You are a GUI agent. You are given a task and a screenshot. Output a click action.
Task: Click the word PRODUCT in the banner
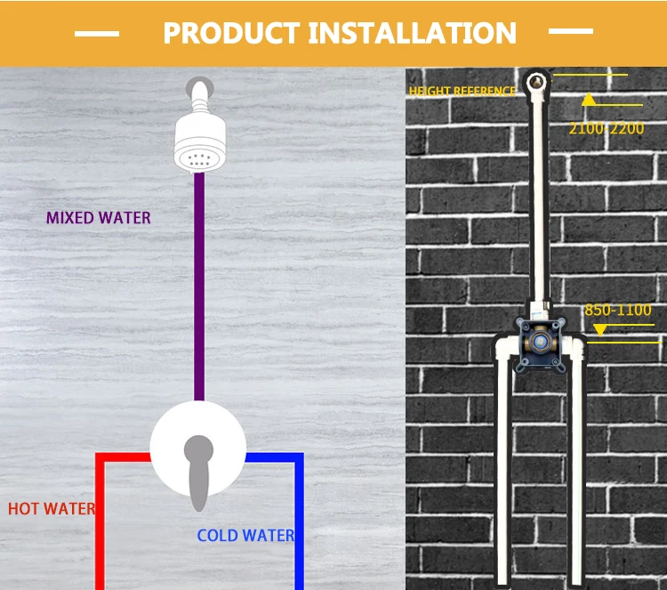coord(231,33)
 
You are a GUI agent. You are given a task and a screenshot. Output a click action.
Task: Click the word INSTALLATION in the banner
coord(412,33)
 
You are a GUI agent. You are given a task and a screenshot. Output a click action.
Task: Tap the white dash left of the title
coord(97,34)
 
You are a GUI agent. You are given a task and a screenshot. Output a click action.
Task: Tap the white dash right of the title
coord(571,31)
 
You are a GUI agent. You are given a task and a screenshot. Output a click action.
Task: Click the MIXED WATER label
coord(99,217)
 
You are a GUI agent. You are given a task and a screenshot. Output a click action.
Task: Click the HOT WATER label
coord(51,509)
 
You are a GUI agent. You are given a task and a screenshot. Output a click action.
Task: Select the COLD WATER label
coord(245,535)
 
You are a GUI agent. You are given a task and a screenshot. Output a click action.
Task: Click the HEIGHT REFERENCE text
coord(462,92)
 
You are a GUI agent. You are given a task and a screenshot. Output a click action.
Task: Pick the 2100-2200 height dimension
coord(607,129)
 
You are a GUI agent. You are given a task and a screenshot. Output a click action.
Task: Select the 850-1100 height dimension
coord(618,311)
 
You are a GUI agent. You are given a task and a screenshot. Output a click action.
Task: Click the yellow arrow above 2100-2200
coord(587,100)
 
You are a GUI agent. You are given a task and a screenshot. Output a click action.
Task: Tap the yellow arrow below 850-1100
coord(599,329)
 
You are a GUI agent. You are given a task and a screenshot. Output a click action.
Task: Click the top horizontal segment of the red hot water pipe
coord(123,457)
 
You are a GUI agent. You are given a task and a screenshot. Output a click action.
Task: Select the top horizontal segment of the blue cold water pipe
coord(274,457)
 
